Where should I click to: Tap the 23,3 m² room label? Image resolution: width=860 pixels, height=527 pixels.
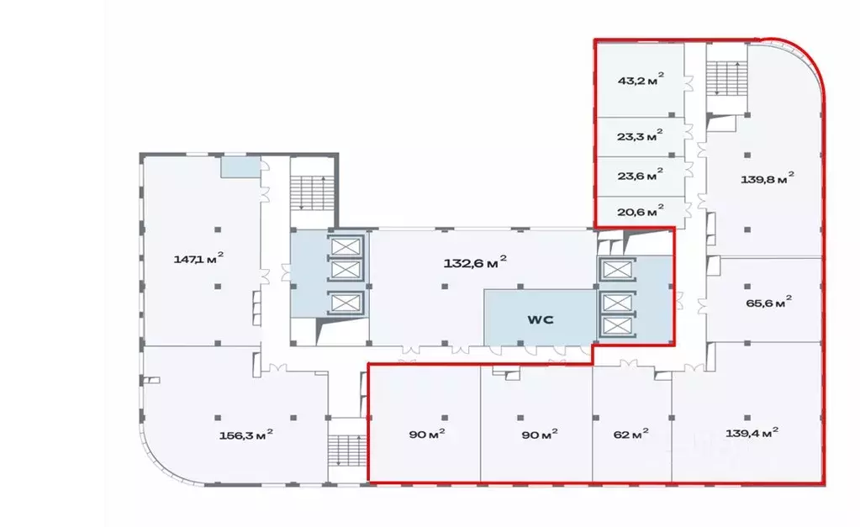641,135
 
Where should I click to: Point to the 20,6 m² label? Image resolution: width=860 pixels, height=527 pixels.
641,210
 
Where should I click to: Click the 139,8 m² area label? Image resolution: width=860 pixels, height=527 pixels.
767,179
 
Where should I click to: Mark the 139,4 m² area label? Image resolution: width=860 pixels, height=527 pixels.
751,432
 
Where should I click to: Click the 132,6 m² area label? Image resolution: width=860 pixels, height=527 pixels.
475,262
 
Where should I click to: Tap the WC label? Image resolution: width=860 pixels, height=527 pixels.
538,319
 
